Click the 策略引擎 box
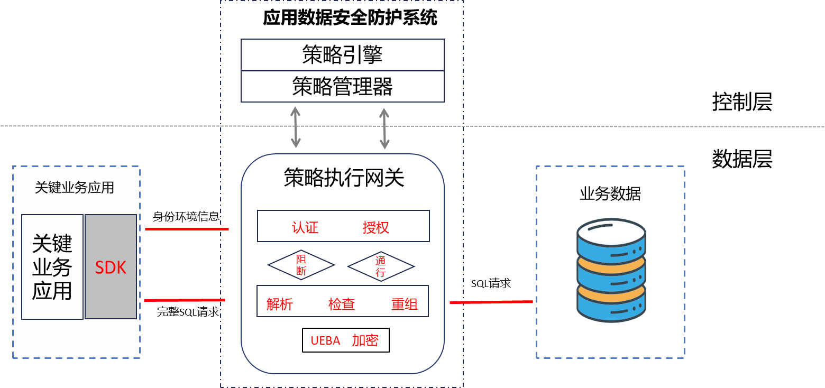point(342,54)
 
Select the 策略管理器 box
point(342,86)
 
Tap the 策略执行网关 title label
point(344,178)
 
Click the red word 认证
point(305,227)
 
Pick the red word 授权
point(375,227)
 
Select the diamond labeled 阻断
point(301,265)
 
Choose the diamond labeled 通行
point(380,266)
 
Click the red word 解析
point(279,304)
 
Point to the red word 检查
point(341,304)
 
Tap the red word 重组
point(404,304)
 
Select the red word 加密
point(365,340)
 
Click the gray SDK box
point(111,267)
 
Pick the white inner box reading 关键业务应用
point(52,267)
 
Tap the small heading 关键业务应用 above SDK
point(74,188)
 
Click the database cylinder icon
point(611,270)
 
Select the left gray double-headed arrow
point(296,127)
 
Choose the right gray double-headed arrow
point(384,128)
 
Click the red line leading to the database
point(491,302)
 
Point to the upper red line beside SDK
point(186,229)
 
